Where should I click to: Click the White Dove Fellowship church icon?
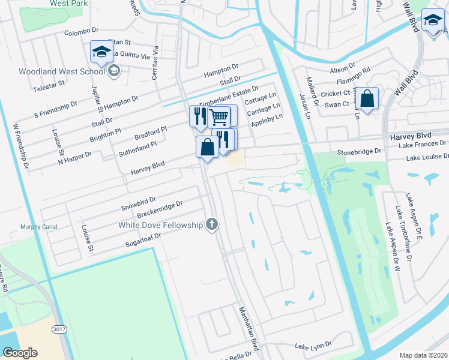pyautogui.click(x=211, y=225)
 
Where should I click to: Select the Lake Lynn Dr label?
pyautogui.click(x=313, y=346)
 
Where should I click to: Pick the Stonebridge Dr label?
pyautogui.click(x=360, y=152)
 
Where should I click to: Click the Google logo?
pyautogui.click(x=20, y=353)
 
